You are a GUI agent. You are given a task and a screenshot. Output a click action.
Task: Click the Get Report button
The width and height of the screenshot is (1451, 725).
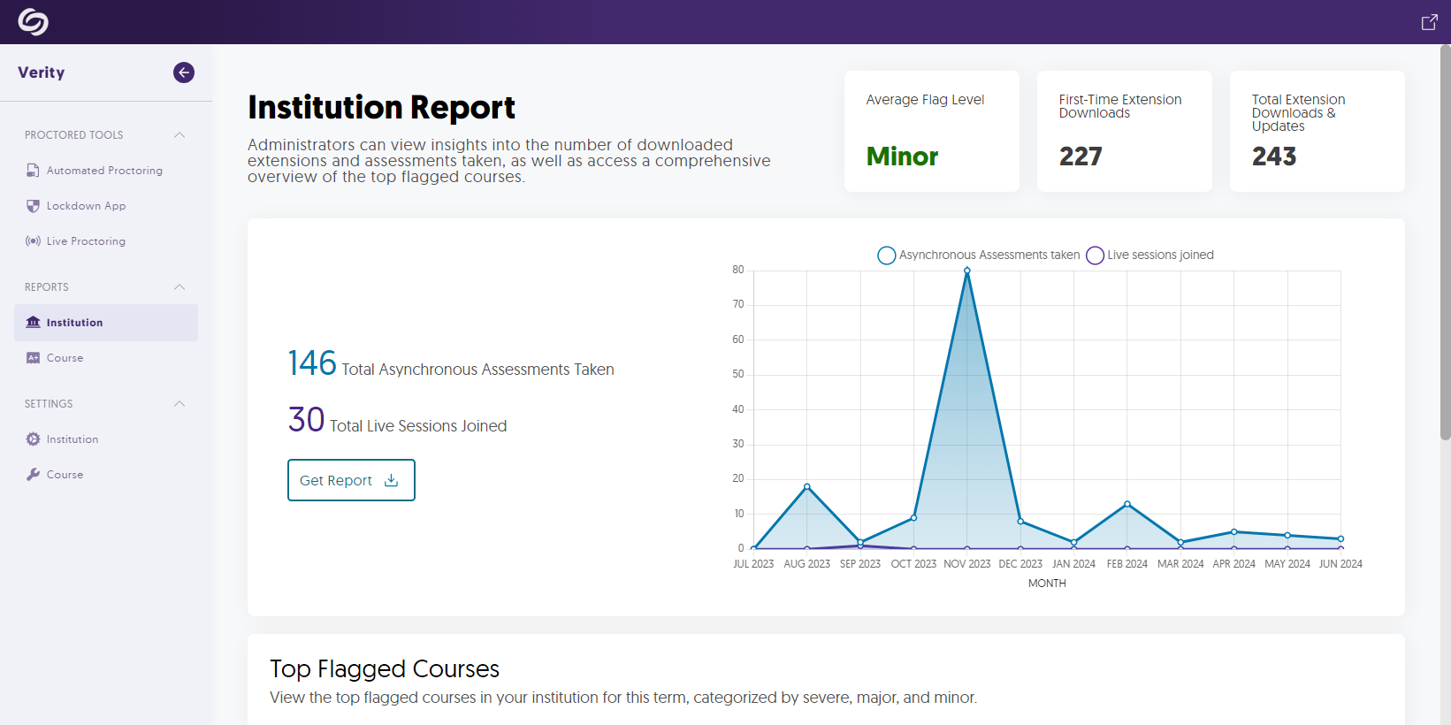pyautogui.click(x=351, y=480)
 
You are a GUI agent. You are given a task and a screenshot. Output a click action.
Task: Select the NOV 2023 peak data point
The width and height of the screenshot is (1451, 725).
pyautogui.click(x=967, y=271)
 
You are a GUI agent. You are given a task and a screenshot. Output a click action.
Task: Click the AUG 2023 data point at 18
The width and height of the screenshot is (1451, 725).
pyautogui.click(x=807, y=486)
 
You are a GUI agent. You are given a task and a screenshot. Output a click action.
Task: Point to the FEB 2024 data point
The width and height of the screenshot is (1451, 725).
pyautogui.click(x=1127, y=504)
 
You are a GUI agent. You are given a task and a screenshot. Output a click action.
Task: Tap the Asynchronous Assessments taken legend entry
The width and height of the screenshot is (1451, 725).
pyautogui.click(x=979, y=256)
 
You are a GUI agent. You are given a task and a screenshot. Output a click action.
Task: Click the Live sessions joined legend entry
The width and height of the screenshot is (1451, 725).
pyautogui.click(x=1150, y=256)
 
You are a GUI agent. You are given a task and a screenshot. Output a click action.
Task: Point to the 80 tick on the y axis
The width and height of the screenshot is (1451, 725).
pyautogui.click(x=738, y=270)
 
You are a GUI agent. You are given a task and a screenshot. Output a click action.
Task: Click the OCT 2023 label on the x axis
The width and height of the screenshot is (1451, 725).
pyautogui.click(x=913, y=564)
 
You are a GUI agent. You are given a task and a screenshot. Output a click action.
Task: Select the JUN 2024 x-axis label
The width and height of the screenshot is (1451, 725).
pyautogui.click(x=1340, y=564)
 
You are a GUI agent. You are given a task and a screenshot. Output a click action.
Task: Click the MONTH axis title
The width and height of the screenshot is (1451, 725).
pyautogui.click(x=1047, y=584)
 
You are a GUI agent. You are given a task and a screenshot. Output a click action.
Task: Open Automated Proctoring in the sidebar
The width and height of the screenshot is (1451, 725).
pyautogui.click(x=104, y=171)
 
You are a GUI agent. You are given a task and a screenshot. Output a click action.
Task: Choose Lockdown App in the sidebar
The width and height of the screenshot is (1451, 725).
pyautogui.click(x=86, y=206)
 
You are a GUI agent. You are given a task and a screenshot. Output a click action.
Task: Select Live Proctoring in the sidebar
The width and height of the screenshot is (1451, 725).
pyautogui.click(x=86, y=241)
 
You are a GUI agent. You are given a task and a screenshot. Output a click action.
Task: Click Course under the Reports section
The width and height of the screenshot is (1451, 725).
pyautogui.click(x=65, y=358)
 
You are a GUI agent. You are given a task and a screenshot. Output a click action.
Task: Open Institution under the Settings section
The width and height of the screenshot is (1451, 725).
pyautogui.click(x=73, y=439)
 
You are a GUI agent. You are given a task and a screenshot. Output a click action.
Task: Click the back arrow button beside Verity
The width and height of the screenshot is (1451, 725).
pyautogui.click(x=184, y=72)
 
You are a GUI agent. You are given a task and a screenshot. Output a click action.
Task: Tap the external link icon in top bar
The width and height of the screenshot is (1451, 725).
pyautogui.click(x=1429, y=22)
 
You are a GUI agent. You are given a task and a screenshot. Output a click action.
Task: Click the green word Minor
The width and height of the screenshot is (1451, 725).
pyautogui.click(x=902, y=156)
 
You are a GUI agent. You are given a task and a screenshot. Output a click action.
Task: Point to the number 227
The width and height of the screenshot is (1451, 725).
pyautogui.click(x=1081, y=156)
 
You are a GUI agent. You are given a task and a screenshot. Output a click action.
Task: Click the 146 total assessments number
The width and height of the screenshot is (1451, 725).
pyautogui.click(x=312, y=363)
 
